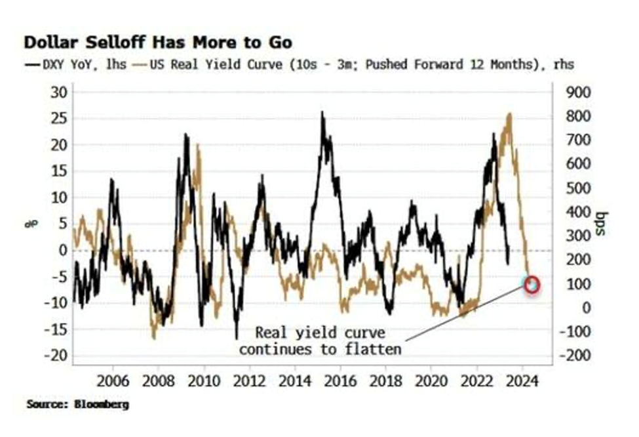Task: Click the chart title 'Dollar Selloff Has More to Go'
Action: pyautogui.click(x=157, y=43)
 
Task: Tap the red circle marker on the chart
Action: pyautogui.click(x=532, y=284)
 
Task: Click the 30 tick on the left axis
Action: pyautogui.click(x=59, y=92)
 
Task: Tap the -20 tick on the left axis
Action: pyautogui.click(x=56, y=355)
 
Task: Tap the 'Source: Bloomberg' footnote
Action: pyautogui.click(x=77, y=404)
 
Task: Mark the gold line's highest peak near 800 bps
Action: pyautogui.click(x=509, y=114)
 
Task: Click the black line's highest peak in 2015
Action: pyautogui.click(x=322, y=112)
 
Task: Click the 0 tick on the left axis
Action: pyautogui.click(x=64, y=250)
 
